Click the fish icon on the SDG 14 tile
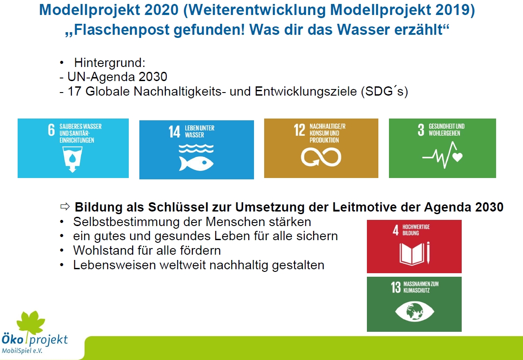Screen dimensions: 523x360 (196, 163)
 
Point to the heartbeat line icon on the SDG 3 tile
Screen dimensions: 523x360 (442, 156)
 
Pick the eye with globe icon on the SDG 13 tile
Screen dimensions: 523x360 (415, 312)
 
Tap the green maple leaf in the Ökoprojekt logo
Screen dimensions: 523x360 (31, 323)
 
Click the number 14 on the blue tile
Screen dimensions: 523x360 (174, 131)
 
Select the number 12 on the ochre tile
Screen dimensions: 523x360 (299, 130)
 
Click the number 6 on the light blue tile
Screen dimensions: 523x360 (51, 130)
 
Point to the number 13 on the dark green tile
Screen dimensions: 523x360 (396, 287)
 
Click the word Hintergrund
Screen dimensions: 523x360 (109, 63)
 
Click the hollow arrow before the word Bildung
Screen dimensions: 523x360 (65, 207)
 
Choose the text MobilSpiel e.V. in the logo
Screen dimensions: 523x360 (22, 351)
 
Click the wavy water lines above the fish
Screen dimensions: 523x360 (196, 148)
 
